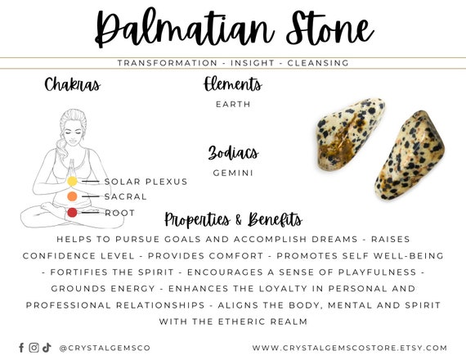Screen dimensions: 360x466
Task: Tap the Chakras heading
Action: click(73, 84)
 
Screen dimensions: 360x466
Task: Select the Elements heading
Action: click(233, 84)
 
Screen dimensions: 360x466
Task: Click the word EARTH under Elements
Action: click(233, 104)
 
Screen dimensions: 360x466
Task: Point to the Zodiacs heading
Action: click(233, 153)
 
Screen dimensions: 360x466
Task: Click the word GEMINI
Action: click(233, 173)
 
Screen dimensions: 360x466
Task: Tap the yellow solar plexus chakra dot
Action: click(72, 181)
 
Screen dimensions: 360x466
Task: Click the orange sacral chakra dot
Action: click(72, 196)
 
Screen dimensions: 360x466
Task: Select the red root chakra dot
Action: click(72, 213)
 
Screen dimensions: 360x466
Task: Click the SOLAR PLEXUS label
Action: click(146, 181)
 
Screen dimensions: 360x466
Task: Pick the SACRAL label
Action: click(125, 196)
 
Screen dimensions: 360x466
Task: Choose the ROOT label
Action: click(119, 213)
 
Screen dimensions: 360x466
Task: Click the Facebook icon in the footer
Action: click(21, 347)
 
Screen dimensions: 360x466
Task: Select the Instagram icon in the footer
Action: click(34, 347)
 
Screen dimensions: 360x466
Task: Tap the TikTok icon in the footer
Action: click(47, 347)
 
